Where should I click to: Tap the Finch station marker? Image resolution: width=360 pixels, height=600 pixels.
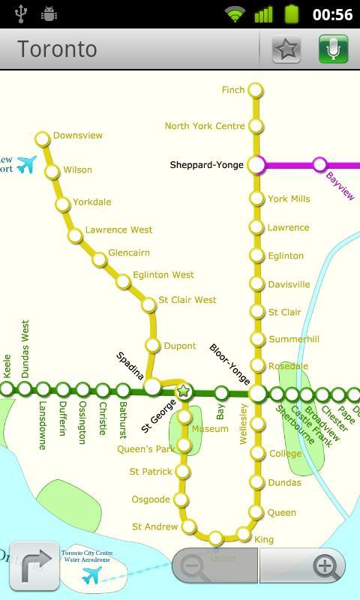click(x=256, y=91)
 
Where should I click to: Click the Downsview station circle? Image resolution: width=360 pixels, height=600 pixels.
click(x=42, y=138)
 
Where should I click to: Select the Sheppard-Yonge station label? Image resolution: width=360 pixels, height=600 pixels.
click(x=206, y=165)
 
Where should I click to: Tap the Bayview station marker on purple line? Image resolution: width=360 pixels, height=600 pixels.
click(x=319, y=164)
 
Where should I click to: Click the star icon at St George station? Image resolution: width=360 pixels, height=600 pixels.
click(x=183, y=391)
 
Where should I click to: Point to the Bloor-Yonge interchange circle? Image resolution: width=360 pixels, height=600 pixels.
click(x=258, y=393)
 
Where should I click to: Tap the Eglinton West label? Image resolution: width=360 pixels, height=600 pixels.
click(x=163, y=275)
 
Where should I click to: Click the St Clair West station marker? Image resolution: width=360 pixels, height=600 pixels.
click(x=148, y=304)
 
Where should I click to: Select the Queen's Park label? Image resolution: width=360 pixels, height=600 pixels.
click(x=145, y=449)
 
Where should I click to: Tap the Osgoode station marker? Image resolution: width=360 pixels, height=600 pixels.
click(x=181, y=499)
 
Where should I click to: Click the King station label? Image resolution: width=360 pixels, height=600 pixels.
click(x=264, y=539)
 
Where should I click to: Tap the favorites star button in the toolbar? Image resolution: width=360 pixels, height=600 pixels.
click(x=286, y=49)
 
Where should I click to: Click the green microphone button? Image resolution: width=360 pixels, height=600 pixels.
click(x=333, y=49)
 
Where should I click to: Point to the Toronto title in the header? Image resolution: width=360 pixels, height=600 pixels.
click(x=57, y=49)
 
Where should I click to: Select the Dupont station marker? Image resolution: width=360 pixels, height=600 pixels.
click(x=153, y=346)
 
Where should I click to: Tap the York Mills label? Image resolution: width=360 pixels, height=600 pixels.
click(x=289, y=199)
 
